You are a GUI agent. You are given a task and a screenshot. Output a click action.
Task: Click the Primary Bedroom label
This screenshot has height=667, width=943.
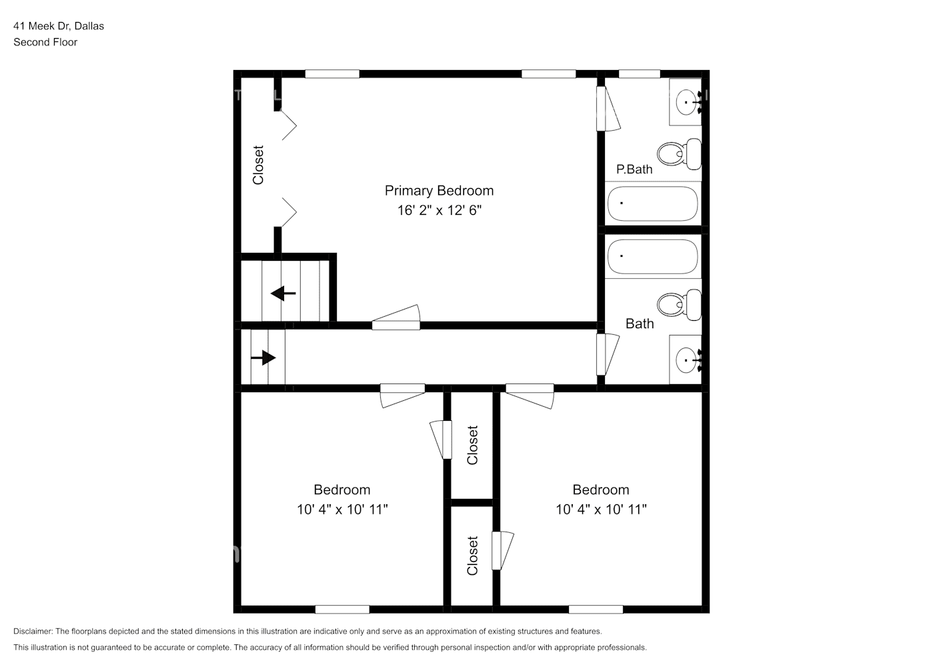point(439,191)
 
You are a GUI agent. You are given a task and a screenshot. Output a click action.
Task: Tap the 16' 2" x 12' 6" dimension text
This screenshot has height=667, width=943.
point(439,210)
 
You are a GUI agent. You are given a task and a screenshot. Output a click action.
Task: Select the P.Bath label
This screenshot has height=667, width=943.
point(634,169)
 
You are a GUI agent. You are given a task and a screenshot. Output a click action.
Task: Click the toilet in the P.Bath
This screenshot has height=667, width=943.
point(679,153)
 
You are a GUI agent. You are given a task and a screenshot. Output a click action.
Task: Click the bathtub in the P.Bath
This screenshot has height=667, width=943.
point(652,203)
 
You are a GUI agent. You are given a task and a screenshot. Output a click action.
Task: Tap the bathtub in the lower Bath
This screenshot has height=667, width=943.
point(652,257)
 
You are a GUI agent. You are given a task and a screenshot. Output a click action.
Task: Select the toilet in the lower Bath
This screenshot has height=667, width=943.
point(678,305)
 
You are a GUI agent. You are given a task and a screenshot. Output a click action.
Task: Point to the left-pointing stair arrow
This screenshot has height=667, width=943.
point(283,293)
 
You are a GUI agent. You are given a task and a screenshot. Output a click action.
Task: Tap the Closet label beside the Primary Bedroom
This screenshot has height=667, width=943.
point(258,165)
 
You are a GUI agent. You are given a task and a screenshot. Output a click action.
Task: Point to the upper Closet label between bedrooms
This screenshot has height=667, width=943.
point(473,445)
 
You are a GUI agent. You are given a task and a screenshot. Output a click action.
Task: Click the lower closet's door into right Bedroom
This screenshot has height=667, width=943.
point(502,550)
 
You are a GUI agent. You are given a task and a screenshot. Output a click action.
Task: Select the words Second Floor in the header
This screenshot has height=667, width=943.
point(45,42)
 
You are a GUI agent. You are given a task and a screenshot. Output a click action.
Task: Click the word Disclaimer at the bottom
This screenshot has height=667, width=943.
point(32,631)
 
